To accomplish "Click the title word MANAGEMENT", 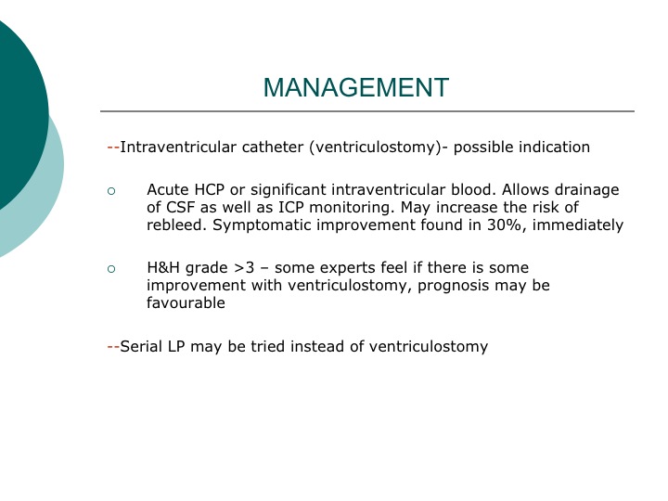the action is click(x=355, y=87).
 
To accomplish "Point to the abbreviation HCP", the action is click(x=209, y=189).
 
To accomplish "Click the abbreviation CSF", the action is click(x=181, y=208).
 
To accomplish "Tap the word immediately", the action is click(x=578, y=225).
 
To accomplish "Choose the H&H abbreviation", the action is click(x=163, y=268).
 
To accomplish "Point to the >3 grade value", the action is click(x=244, y=268).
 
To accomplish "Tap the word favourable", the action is click(x=186, y=302).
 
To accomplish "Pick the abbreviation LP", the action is click(x=176, y=346).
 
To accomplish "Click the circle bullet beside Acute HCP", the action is click(x=111, y=191).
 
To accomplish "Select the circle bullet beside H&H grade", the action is click(x=111, y=269).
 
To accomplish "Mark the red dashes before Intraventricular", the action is click(x=113, y=148).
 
